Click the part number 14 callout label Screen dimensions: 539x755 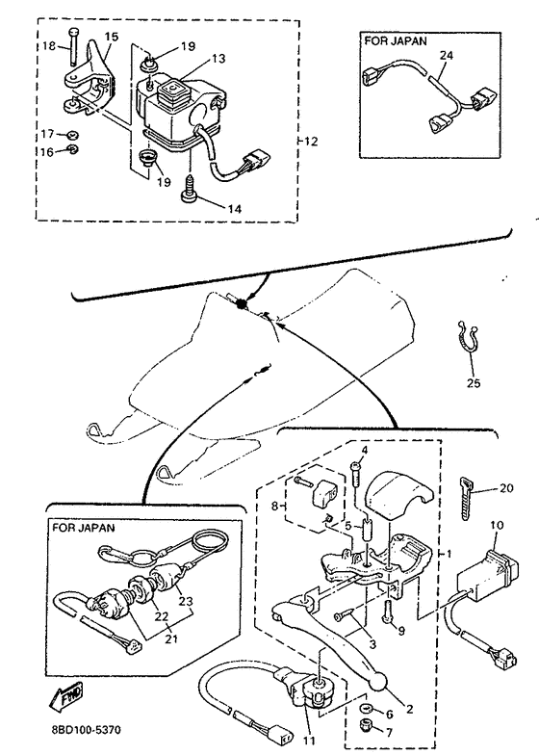pos(235,208)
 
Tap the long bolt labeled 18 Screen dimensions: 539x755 pos(73,46)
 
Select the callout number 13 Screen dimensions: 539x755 pos(218,58)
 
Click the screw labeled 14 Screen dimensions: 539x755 pos(190,189)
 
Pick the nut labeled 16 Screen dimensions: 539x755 pos(72,149)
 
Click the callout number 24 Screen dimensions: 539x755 pos(447,56)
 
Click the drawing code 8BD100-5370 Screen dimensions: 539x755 pos(87,730)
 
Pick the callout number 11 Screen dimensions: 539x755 pos(308,740)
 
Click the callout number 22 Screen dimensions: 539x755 pos(162,616)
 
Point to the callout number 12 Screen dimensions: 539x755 pos(311,142)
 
